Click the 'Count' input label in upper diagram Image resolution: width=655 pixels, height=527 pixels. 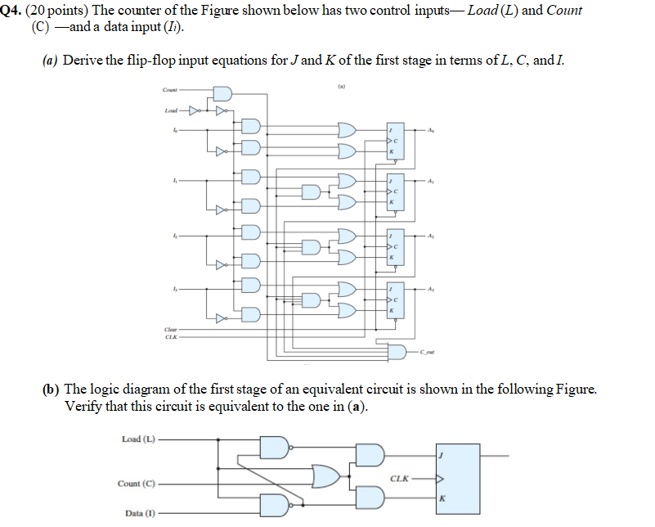click(169, 90)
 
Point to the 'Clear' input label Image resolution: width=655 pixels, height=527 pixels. click(170, 329)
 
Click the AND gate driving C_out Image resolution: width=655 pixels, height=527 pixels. click(397, 352)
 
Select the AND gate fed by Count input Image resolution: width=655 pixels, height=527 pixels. click(222, 94)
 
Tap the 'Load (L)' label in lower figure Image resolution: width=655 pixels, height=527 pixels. click(137, 439)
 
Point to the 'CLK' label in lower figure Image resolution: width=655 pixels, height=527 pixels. click(401, 479)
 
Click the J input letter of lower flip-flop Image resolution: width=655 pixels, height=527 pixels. click(442, 456)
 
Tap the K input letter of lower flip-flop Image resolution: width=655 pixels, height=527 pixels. click(442, 498)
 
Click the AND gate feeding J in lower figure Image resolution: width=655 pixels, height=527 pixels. click(370, 456)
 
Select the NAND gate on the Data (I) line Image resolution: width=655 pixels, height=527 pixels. click(274, 506)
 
